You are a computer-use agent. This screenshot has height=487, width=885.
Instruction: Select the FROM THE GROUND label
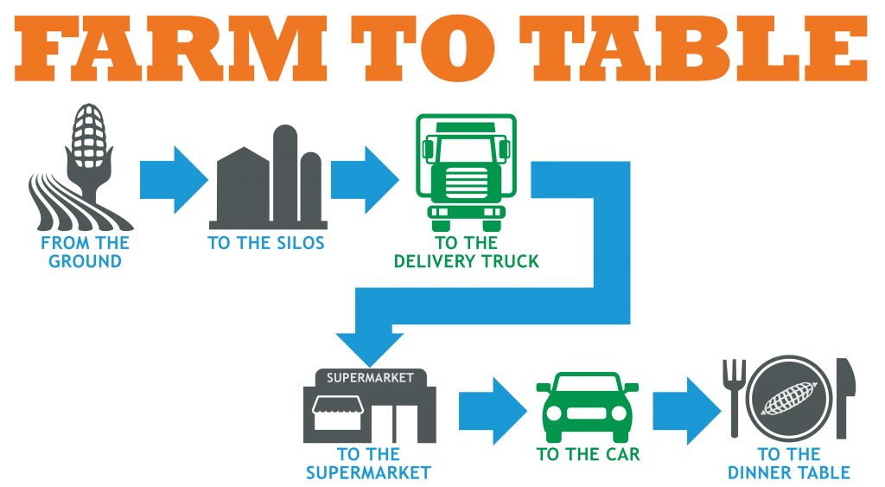(x=85, y=252)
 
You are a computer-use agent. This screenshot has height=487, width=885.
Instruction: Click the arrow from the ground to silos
(x=173, y=180)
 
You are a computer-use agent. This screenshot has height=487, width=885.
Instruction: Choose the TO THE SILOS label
(x=266, y=243)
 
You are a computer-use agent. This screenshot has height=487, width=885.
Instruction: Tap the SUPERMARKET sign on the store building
(x=370, y=378)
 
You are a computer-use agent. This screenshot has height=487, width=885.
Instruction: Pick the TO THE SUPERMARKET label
(x=368, y=463)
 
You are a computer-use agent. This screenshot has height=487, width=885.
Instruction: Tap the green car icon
(x=588, y=407)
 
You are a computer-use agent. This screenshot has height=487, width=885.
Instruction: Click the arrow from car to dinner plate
(x=686, y=410)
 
